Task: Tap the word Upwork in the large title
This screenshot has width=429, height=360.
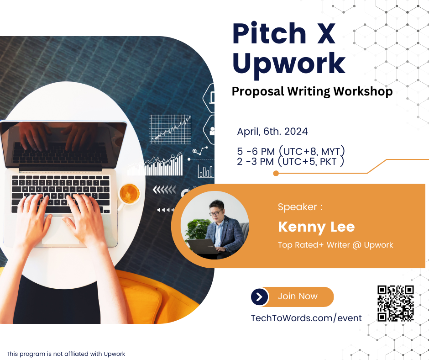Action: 288,64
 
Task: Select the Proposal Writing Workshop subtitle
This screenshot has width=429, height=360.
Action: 312,91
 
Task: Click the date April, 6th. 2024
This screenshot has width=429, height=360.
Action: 272,132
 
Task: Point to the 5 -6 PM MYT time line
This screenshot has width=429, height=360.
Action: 291,151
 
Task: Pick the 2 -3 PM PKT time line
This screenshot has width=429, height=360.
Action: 291,162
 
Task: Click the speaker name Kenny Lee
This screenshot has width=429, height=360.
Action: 316,227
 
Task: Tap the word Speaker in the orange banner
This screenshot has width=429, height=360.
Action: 297,207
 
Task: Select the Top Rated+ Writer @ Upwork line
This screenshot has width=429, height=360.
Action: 335,245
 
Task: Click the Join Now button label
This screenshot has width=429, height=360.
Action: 298,296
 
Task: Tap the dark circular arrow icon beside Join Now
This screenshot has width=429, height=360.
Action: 260,297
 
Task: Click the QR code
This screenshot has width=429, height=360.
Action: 396,303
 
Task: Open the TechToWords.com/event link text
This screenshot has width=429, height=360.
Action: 306,318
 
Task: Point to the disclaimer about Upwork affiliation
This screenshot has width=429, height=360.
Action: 66,354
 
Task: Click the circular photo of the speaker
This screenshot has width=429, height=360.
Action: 215,225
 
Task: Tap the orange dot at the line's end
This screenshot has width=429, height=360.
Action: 276,173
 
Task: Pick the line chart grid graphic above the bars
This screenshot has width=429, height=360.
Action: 171,129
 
